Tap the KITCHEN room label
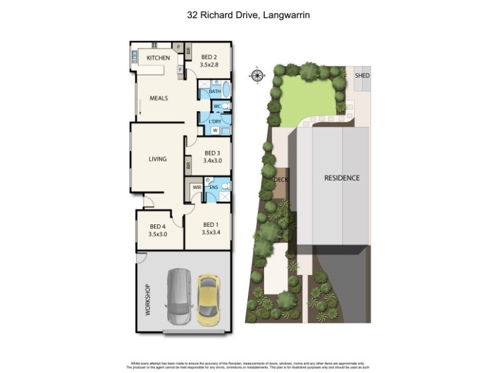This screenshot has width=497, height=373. pyautogui.click(x=158, y=58)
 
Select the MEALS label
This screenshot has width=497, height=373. pyautogui.click(x=158, y=98)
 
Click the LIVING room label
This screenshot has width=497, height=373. pyautogui.click(x=157, y=159)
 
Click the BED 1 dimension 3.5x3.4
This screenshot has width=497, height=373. pyautogui.click(x=211, y=233)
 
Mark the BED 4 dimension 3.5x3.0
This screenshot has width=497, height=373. pyautogui.click(x=159, y=234)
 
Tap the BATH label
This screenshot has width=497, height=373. pyautogui.click(x=214, y=91)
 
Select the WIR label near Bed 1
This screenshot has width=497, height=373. pyautogui.click(x=196, y=186)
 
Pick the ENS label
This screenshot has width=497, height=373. pyautogui.click(x=213, y=186)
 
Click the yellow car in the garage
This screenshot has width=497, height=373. pyautogui.click(x=208, y=299)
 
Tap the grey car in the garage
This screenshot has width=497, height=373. pyautogui.click(x=179, y=296)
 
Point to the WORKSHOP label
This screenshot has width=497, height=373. pyautogui.click(x=148, y=300)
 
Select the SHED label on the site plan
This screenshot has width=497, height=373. pyautogui.click(x=362, y=75)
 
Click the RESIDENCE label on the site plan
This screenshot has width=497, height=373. pyautogui.click(x=342, y=178)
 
